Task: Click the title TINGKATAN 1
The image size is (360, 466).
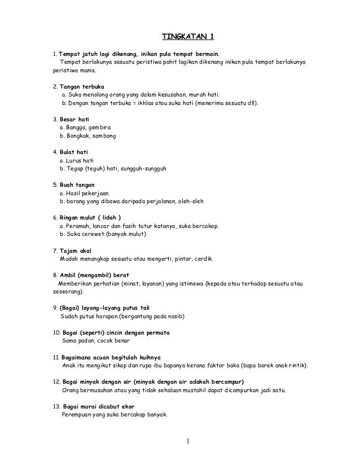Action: (x=188, y=38)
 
